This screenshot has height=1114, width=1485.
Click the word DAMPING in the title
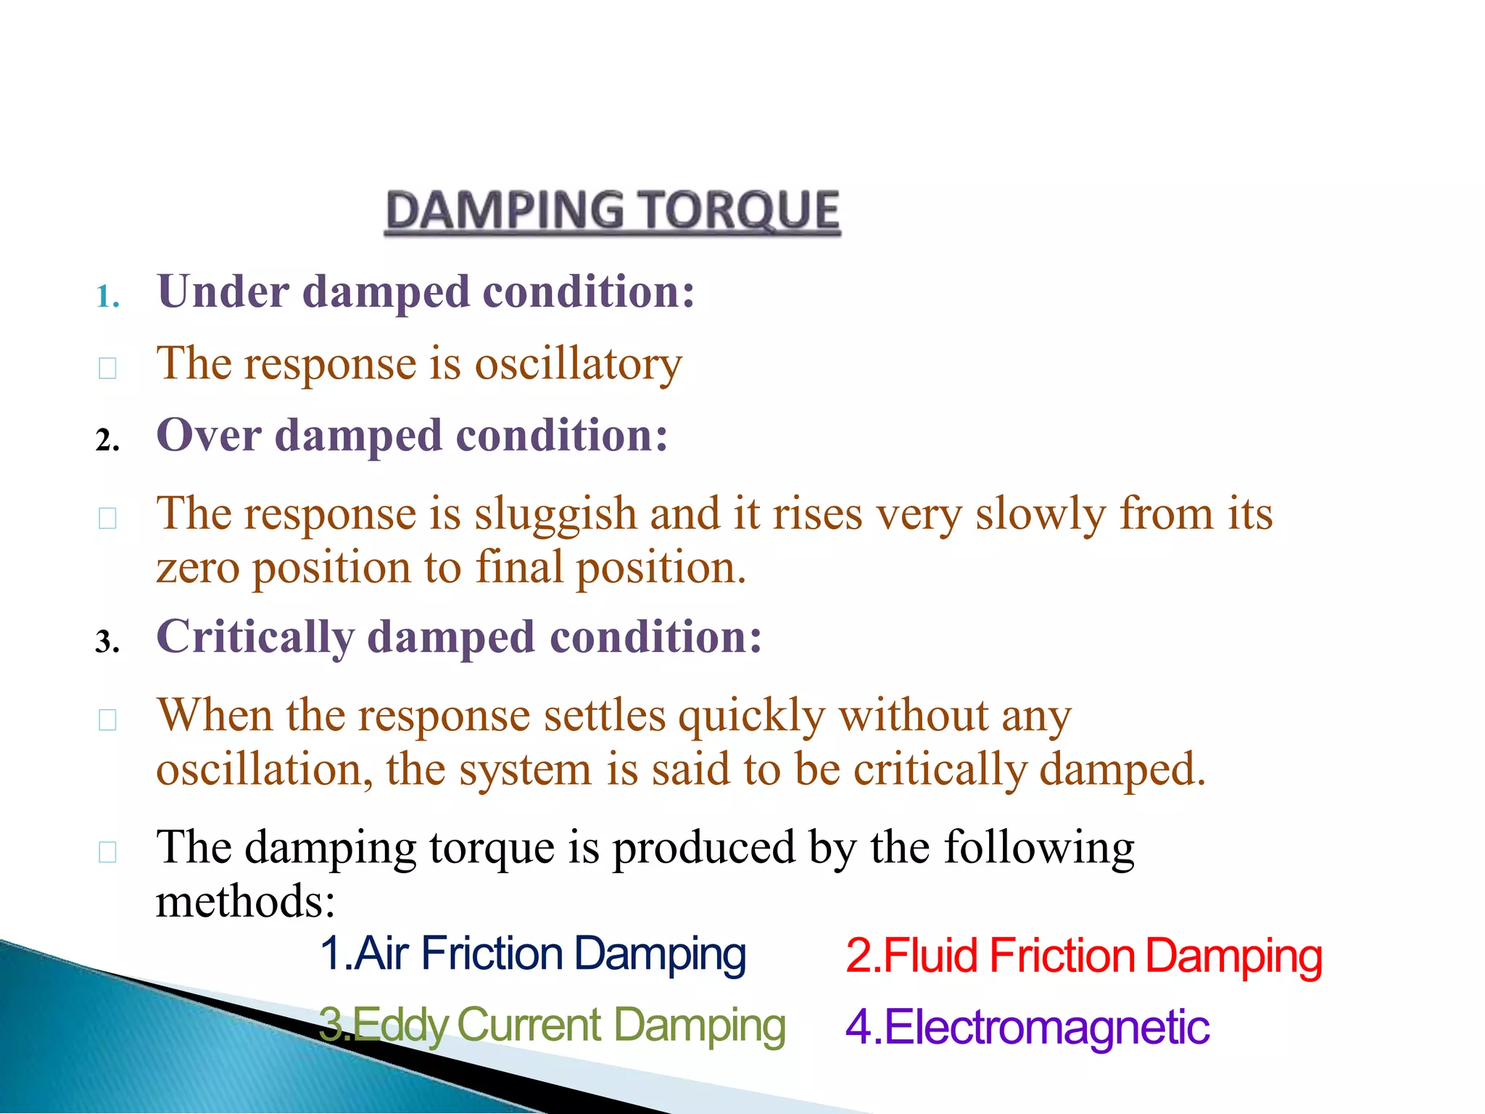point(505,211)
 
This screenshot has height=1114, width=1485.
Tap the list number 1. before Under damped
point(107,297)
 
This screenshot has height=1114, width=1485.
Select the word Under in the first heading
point(223,292)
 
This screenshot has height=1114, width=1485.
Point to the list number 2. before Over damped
point(107,440)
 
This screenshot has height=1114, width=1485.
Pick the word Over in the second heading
point(209,435)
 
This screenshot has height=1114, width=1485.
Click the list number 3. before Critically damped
point(107,642)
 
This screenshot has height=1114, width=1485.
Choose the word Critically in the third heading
point(255,638)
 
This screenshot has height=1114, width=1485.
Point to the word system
point(525,770)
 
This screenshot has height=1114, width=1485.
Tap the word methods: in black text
point(246,901)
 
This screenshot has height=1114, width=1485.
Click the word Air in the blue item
point(381,954)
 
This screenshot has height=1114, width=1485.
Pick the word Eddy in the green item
point(400,1026)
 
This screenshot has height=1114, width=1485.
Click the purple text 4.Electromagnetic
point(1027,1028)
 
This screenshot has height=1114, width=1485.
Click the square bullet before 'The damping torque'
point(107,851)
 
